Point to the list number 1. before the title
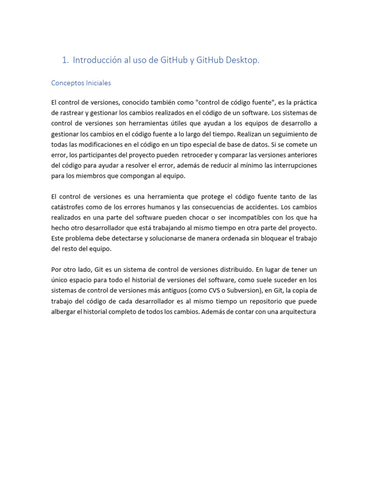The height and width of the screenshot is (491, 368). [66, 60]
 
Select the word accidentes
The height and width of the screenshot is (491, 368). [252, 207]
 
